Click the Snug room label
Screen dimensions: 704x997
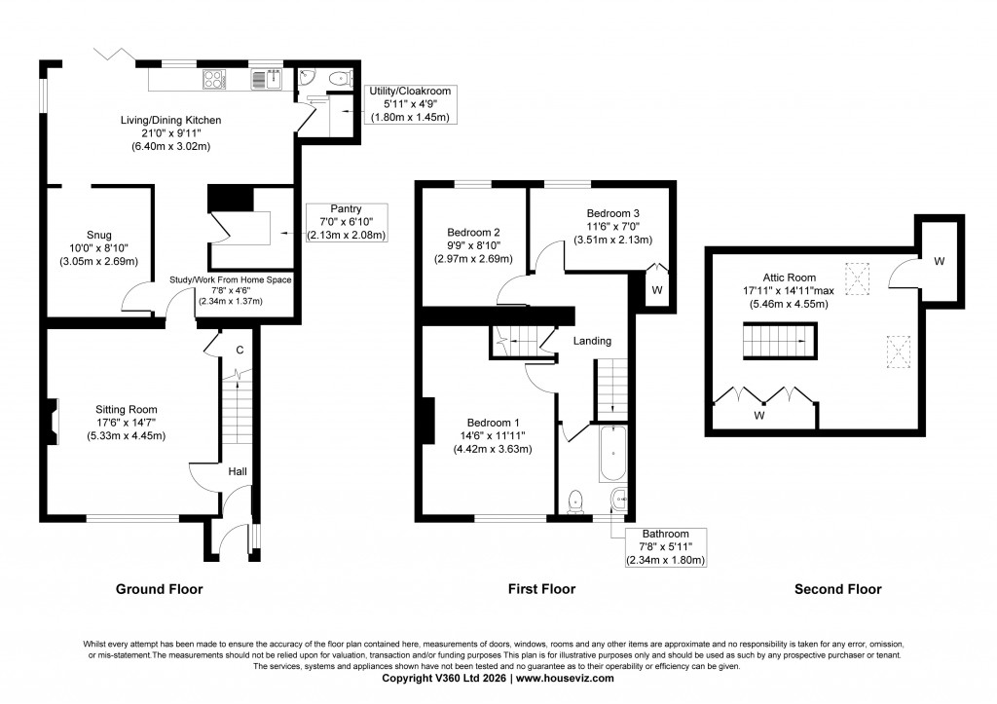pyautogui.click(x=98, y=235)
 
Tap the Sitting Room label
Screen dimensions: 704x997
pyautogui.click(x=127, y=409)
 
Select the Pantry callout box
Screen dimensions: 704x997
pyautogui.click(x=346, y=222)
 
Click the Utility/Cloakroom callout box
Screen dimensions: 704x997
pyautogui.click(x=409, y=104)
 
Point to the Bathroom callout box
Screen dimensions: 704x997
pyautogui.click(x=665, y=546)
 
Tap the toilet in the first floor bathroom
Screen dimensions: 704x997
pyautogui.click(x=575, y=500)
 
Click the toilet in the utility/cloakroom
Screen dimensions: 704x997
pyautogui.click(x=334, y=78)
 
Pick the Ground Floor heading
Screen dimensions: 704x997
pyautogui.click(x=159, y=589)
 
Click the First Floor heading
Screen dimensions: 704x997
pyautogui.click(x=541, y=589)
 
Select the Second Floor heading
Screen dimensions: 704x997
pyautogui.click(x=837, y=589)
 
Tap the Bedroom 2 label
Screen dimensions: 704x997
pyautogui.click(x=473, y=233)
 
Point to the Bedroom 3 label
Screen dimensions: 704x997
pyautogui.click(x=612, y=213)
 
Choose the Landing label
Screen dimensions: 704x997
pyautogui.click(x=592, y=341)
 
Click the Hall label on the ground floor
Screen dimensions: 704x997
pyautogui.click(x=238, y=471)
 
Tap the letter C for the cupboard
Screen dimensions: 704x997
pyautogui.click(x=238, y=350)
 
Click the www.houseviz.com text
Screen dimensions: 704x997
pyautogui.click(x=565, y=678)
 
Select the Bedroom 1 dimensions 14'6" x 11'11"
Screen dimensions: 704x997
pyautogui.click(x=483, y=436)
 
